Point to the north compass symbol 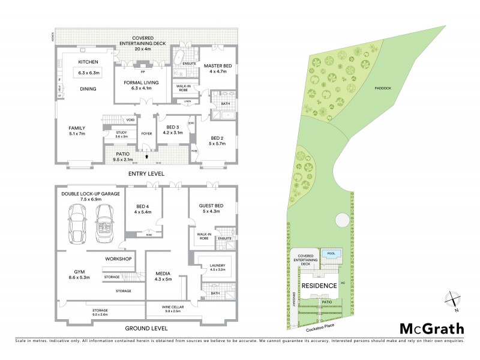point(453,298)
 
